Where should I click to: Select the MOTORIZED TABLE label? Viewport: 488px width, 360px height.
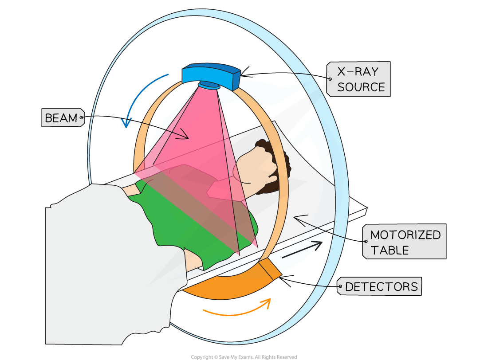pos(405,242)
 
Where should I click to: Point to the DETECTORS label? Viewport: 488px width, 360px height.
pos(381,287)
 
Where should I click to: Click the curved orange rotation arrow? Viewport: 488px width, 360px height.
pos(237,310)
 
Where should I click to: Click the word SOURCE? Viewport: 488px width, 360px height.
pos(361,87)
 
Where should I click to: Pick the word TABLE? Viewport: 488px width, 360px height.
pos(390,250)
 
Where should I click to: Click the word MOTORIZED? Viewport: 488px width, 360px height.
pos(405,235)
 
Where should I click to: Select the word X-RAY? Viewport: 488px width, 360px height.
pos(358,72)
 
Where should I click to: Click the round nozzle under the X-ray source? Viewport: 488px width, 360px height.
pos(209,85)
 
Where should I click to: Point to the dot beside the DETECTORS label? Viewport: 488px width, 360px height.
pos(340,287)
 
